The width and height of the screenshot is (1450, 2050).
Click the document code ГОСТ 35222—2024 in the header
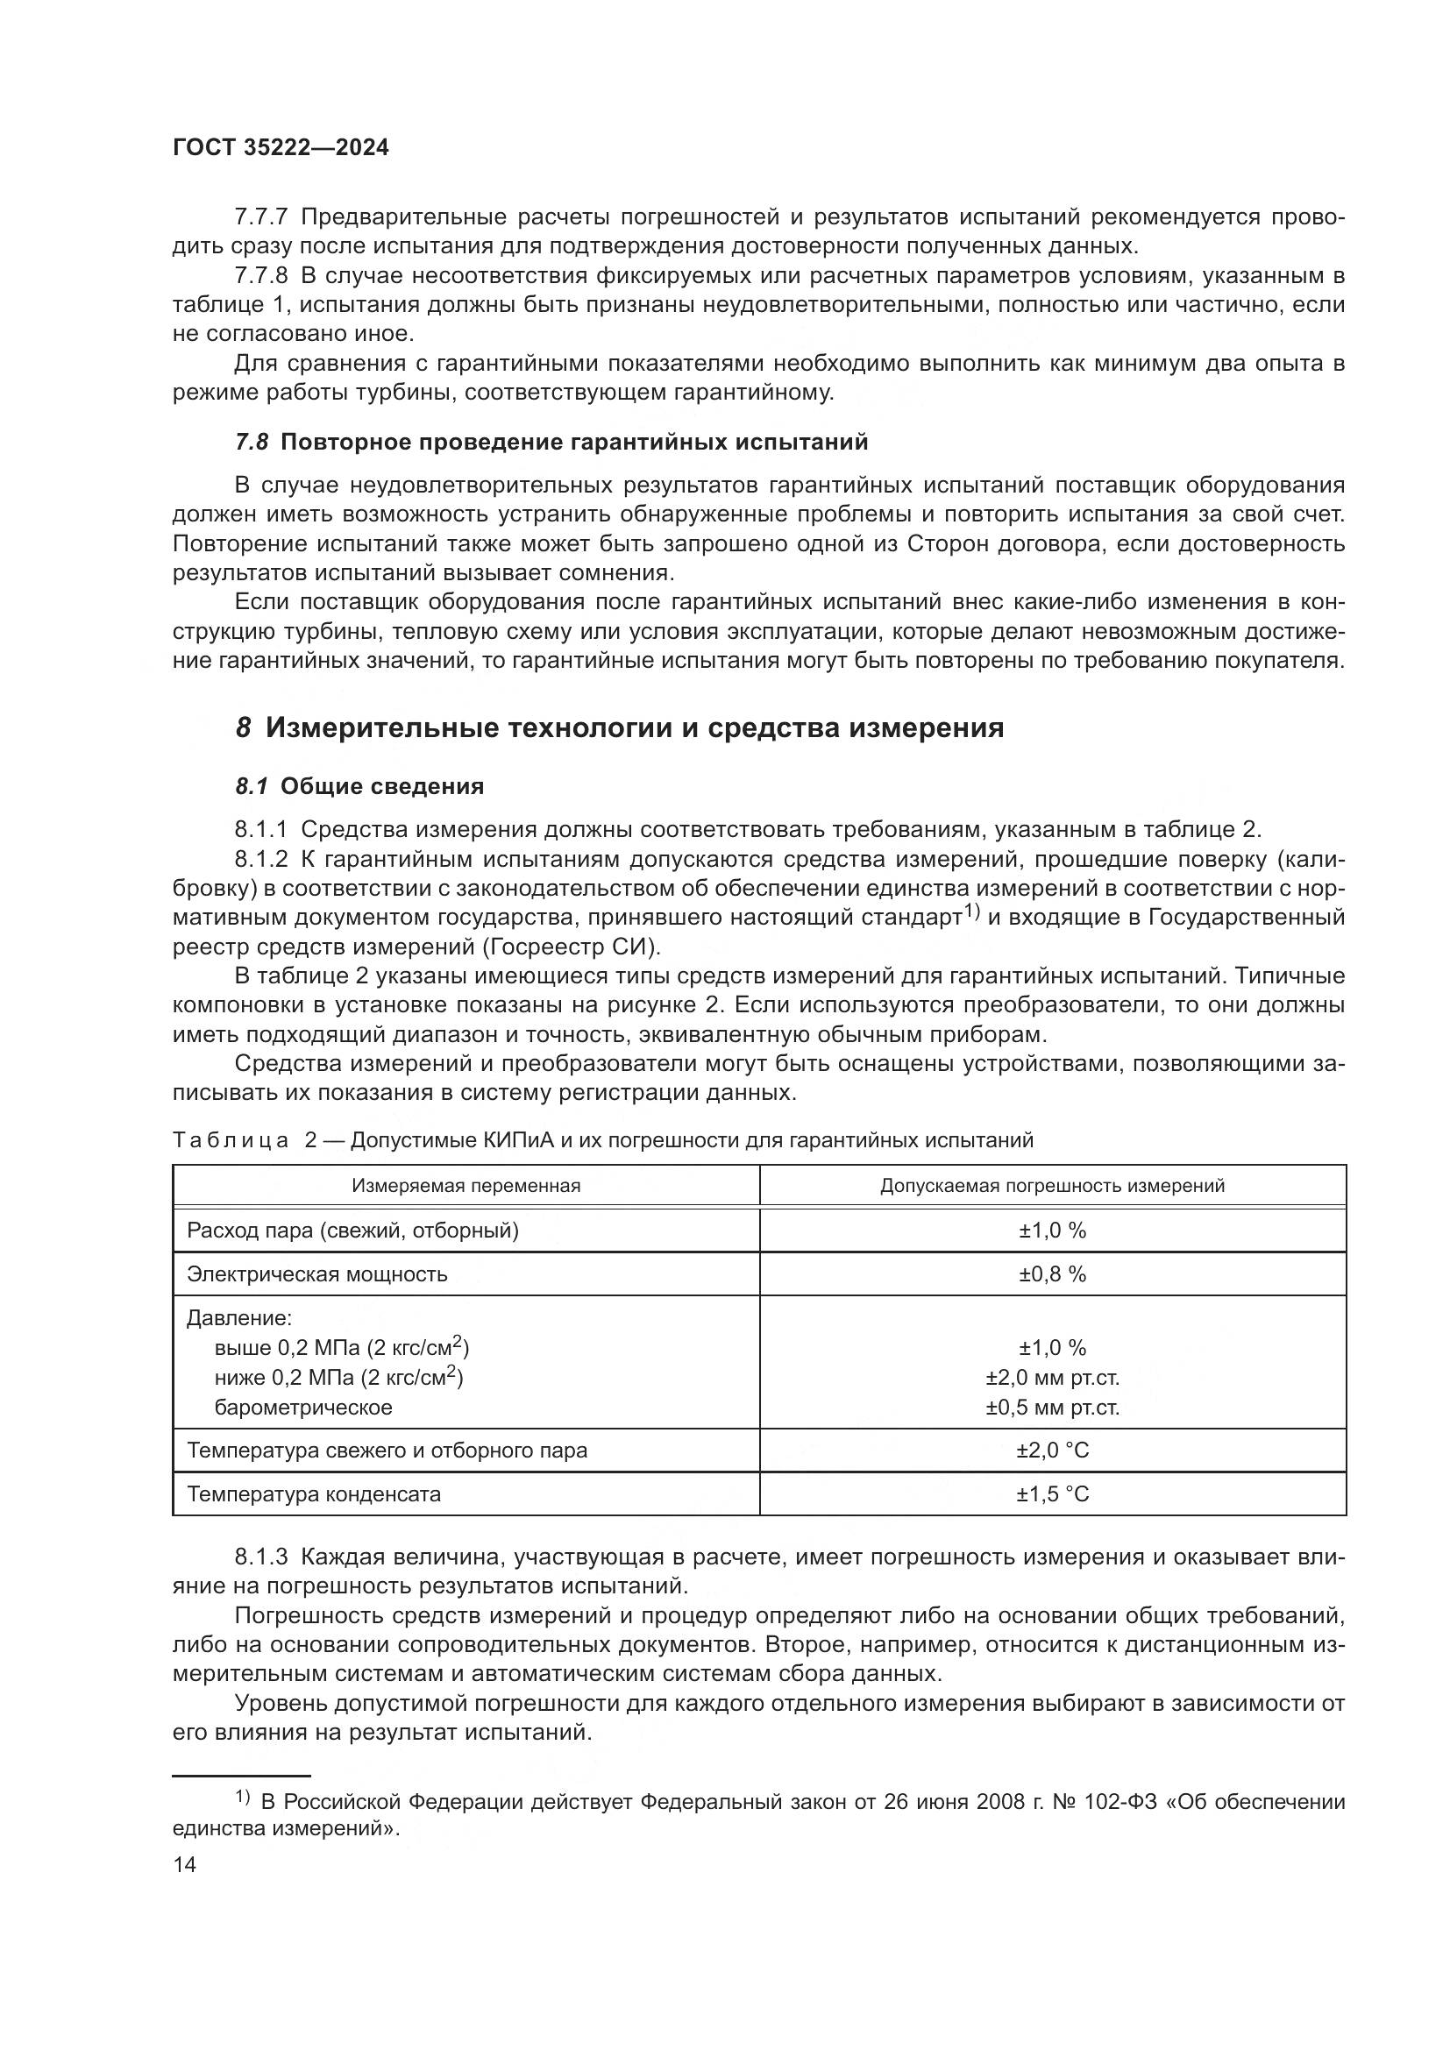(281, 148)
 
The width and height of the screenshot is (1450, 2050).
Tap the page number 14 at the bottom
(184, 1865)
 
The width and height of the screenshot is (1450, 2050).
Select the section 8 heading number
(243, 728)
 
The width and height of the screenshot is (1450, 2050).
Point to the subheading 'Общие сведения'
(382, 786)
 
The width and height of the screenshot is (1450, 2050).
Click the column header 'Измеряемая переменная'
(466, 1186)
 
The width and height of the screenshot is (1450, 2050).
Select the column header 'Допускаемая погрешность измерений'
(1053, 1186)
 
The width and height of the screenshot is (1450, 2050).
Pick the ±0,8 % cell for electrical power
(1053, 1274)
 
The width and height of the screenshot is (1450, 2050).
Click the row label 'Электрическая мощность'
(317, 1274)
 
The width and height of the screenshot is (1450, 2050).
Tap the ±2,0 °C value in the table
(1053, 1450)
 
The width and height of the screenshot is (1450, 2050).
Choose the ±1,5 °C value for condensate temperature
(1053, 1493)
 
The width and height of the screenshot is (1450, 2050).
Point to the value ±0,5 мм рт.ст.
(1053, 1408)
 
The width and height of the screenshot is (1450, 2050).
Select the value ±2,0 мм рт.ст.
(1053, 1378)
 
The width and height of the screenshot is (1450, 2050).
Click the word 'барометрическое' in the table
(302, 1408)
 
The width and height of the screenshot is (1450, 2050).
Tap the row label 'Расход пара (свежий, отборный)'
(352, 1231)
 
